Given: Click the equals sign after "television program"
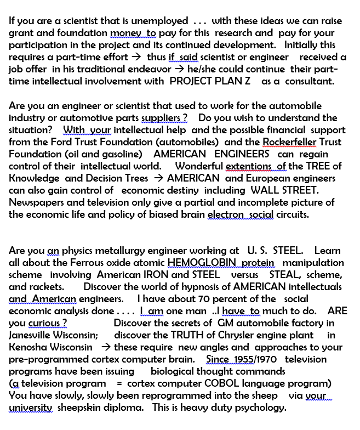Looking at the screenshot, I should (119, 383).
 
